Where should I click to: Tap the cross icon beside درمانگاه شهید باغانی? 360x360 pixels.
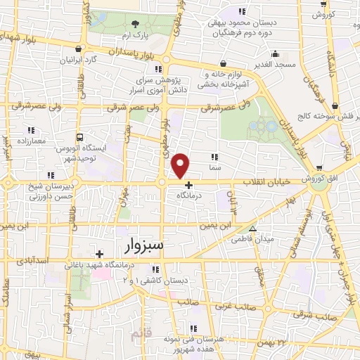pyautogui.click(x=99, y=254)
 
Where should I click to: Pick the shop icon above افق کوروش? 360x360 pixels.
pyautogui.click(x=319, y=168)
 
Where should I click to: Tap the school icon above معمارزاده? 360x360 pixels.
pyautogui.click(x=31, y=130)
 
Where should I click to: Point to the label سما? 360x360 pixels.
pyautogui.click(x=215, y=169)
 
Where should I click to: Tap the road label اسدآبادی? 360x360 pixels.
pyautogui.click(x=32, y=260)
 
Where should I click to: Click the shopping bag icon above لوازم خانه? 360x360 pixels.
pyautogui.click(x=223, y=64)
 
